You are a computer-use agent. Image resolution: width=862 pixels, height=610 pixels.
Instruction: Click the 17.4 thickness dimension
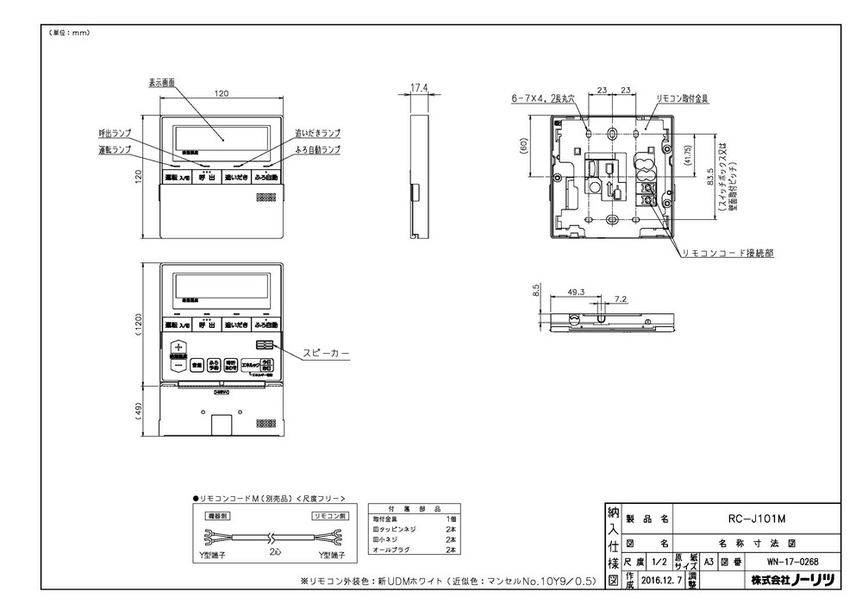pos(419,88)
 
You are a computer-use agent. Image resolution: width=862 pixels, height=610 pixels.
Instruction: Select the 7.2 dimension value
pos(621,299)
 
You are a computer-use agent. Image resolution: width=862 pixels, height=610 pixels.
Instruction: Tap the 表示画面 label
pos(161,83)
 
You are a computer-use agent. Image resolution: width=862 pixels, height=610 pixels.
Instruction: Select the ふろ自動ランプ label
pos(317,149)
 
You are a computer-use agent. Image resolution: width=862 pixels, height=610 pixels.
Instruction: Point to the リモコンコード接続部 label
pos(727,254)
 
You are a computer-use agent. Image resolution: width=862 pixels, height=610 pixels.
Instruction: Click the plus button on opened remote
pos(178,347)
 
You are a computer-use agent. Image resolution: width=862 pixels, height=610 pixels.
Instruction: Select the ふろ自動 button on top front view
pos(265,178)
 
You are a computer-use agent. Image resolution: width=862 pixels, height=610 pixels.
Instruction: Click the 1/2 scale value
pos(659,560)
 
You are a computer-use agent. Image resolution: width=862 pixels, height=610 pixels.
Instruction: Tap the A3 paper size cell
pos(708,560)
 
